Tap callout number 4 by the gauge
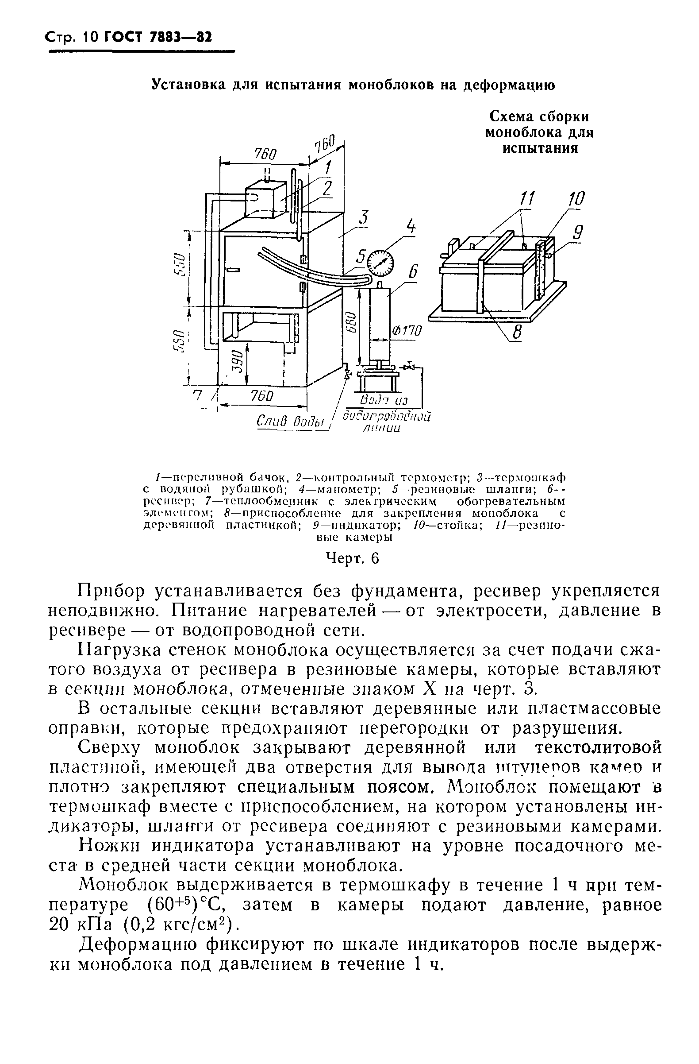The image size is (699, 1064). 410,228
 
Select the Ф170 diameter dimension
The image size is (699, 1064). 406,331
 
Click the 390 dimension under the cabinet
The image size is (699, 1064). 238,361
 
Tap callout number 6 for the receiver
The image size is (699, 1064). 413,272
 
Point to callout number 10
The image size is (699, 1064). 576,198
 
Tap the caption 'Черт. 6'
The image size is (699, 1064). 353,558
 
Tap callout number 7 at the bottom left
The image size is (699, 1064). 196,395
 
